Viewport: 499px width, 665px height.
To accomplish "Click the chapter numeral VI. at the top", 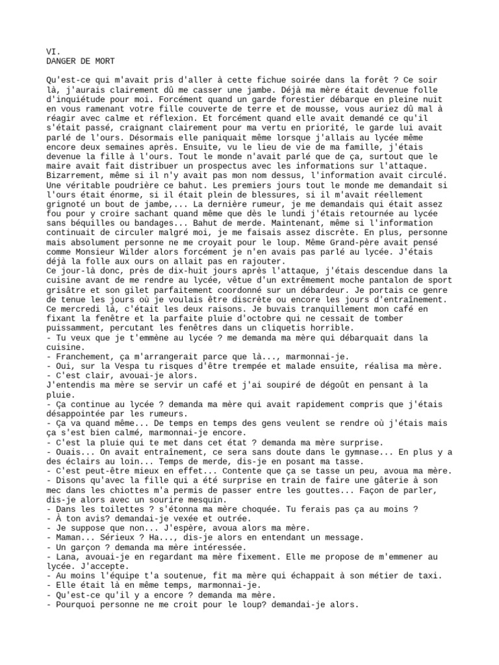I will (x=53, y=51).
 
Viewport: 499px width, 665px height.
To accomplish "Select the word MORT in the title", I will (x=104, y=60).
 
